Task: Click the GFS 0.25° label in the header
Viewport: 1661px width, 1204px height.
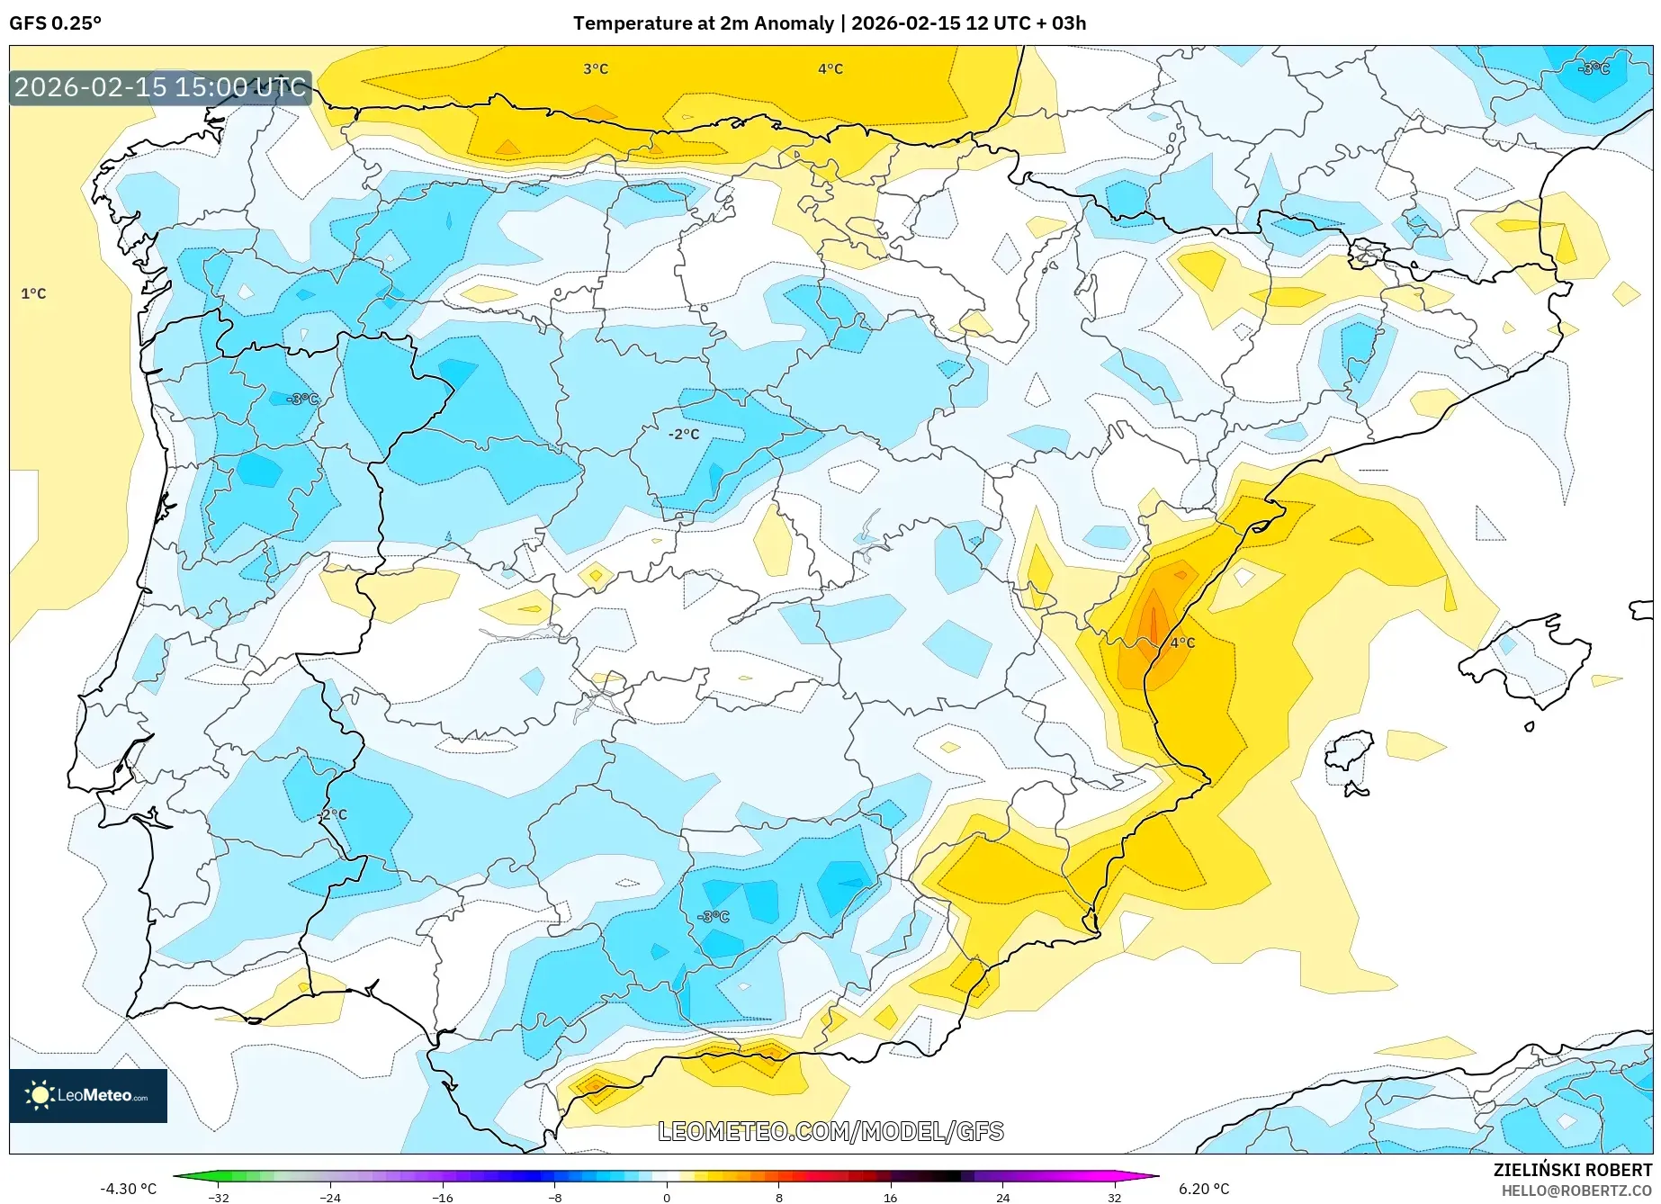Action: (x=55, y=23)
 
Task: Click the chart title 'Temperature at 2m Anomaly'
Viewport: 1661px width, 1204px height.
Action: (x=703, y=23)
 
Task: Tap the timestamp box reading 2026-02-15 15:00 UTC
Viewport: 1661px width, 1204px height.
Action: (x=160, y=88)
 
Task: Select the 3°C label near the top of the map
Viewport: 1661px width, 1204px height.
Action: (x=596, y=69)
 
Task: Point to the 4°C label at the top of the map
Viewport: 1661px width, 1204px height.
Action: (x=830, y=69)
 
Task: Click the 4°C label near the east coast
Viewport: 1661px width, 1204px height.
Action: (x=1182, y=642)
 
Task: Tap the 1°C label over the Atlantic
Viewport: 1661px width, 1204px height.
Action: (x=33, y=294)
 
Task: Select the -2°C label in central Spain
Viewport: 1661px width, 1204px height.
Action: (x=684, y=435)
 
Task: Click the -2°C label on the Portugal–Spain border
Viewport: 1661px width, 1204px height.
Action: (x=332, y=814)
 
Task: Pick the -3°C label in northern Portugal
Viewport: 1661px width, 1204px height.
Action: (x=302, y=399)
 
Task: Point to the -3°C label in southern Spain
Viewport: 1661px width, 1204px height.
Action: (x=714, y=917)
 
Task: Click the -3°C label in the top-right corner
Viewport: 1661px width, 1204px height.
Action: (x=1594, y=68)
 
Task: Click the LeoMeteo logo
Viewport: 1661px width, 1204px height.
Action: (x=88, y=1095)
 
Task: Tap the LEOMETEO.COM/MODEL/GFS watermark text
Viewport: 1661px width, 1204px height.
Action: (x=830, y=1132)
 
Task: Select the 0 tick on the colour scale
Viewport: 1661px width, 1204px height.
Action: (x=667, y=1198)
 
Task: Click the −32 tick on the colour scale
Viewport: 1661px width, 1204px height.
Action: (x=219, y=1198)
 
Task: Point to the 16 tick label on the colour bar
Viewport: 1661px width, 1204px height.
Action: (x=890, y=1198)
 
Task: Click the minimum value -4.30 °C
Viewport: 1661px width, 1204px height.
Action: (x=128, y=1189)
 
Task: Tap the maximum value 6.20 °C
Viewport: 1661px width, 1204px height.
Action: (x=1204, y=1189)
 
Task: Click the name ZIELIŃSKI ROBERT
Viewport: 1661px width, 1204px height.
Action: (x=1573, y=1170)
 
